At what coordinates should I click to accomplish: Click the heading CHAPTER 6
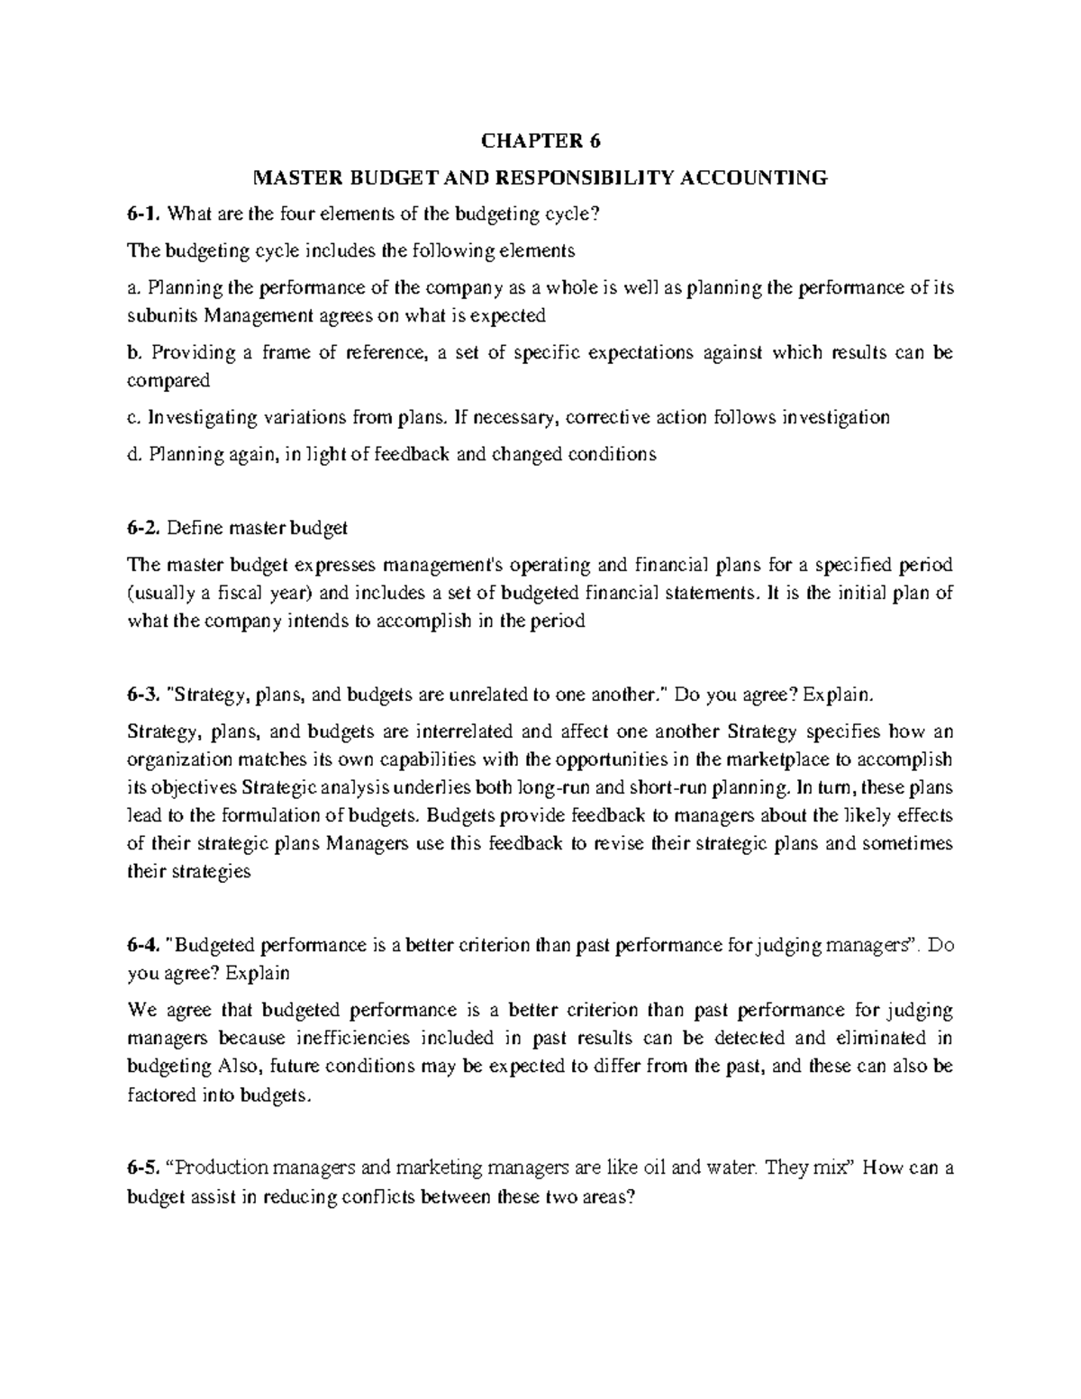click(540, 141)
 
